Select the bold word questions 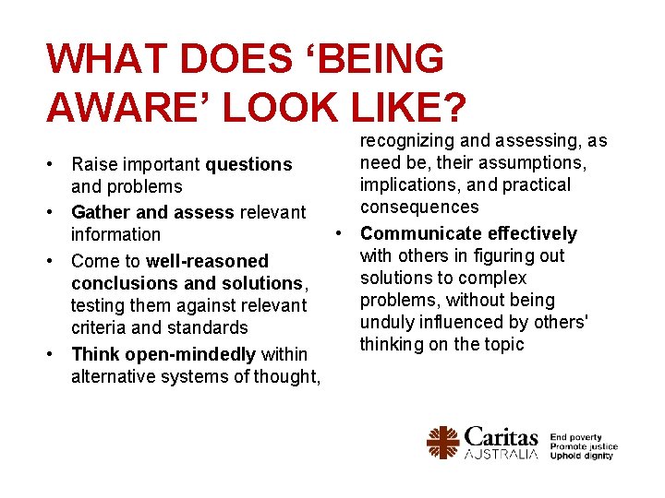248,164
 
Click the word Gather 101,212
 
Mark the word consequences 420,207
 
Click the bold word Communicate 420,233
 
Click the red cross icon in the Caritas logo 443,443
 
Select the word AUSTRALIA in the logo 502,455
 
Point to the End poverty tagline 575,437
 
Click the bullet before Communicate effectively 340,233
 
